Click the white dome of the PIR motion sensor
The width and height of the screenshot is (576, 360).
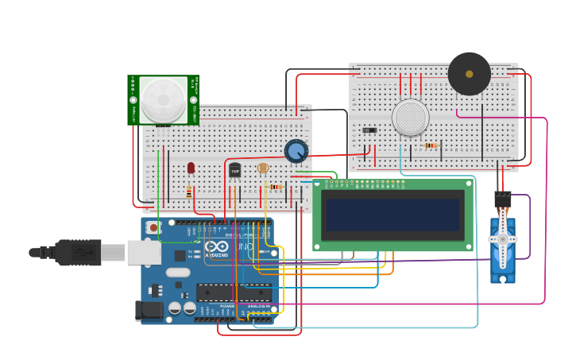(164, 99)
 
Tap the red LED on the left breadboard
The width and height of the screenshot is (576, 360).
(191, 168)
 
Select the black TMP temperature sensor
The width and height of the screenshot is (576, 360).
(235, 170)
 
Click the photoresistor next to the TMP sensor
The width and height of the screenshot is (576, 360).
(263, 168)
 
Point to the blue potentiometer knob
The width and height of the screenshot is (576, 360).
(296, 150)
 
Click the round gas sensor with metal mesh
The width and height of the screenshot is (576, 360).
(411, 118)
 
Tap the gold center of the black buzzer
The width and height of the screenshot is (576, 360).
(469, 74)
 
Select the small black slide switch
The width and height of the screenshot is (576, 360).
(369, 130)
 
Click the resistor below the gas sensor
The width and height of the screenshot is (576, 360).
(431, 145)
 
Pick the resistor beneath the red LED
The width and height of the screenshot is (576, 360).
(189, 192)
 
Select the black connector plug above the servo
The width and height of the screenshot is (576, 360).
(502, 199)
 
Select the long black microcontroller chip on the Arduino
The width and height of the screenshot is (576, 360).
(234, 292)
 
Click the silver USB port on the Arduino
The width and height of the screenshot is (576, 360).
(144, 253)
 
